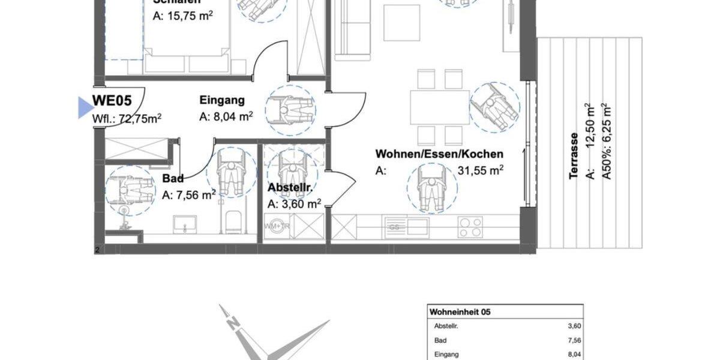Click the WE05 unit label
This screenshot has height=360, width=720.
click(112, 101)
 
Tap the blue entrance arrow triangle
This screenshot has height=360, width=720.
click(86, 108)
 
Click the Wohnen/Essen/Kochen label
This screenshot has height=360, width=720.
click(439, 154)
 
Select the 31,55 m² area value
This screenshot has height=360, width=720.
click(481, 171)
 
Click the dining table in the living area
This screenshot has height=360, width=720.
click(439, 107)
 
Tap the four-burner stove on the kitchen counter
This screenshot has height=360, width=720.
click(470, 227)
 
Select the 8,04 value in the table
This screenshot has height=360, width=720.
click(574, 355)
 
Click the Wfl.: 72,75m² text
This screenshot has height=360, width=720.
click(127, 118)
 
